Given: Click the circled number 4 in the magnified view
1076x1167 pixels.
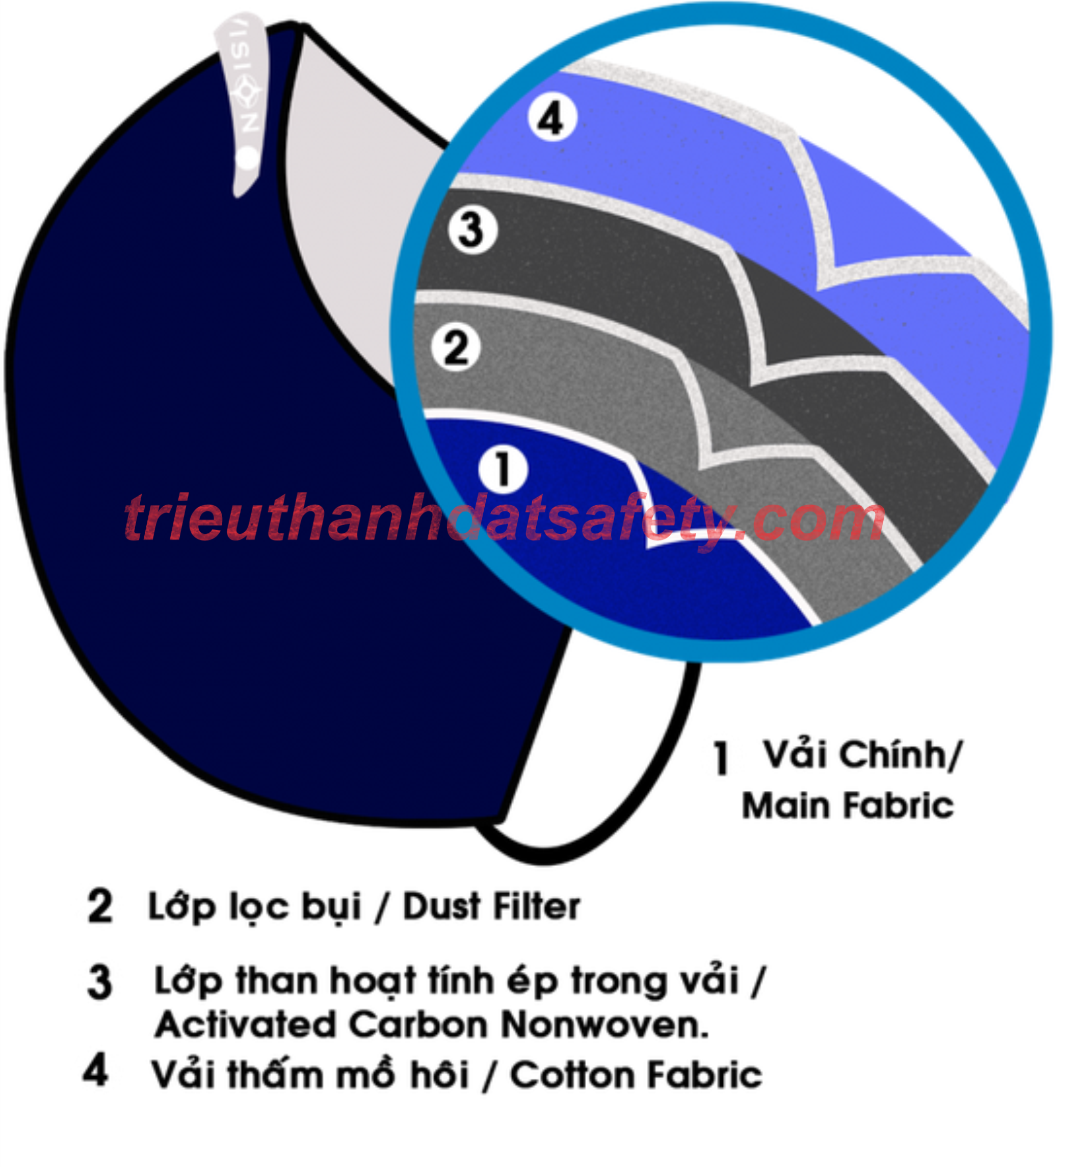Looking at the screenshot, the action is [552, 119].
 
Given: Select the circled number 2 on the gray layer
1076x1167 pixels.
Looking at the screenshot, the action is [456, 347].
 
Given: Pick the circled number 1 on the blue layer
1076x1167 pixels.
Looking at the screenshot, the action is [503, 468].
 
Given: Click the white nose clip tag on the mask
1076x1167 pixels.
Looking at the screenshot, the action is [245, 99].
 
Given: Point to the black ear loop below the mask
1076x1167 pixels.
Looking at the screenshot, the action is [617, 810].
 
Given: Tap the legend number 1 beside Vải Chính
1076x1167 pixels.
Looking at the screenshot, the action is [721, 758].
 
